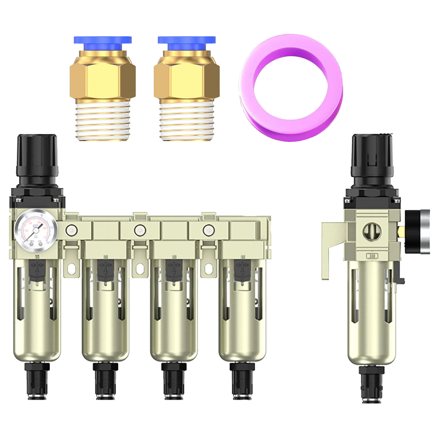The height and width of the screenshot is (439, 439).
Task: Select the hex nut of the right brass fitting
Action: (187, 80)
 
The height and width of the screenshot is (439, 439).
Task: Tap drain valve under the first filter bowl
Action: (37, 381)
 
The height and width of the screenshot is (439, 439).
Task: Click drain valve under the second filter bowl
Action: (105, 381)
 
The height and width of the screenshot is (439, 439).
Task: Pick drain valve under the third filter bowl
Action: (174, 381)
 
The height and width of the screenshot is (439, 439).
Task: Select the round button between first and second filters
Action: (71, 230)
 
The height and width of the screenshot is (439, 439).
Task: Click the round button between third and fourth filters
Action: (209, 230)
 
